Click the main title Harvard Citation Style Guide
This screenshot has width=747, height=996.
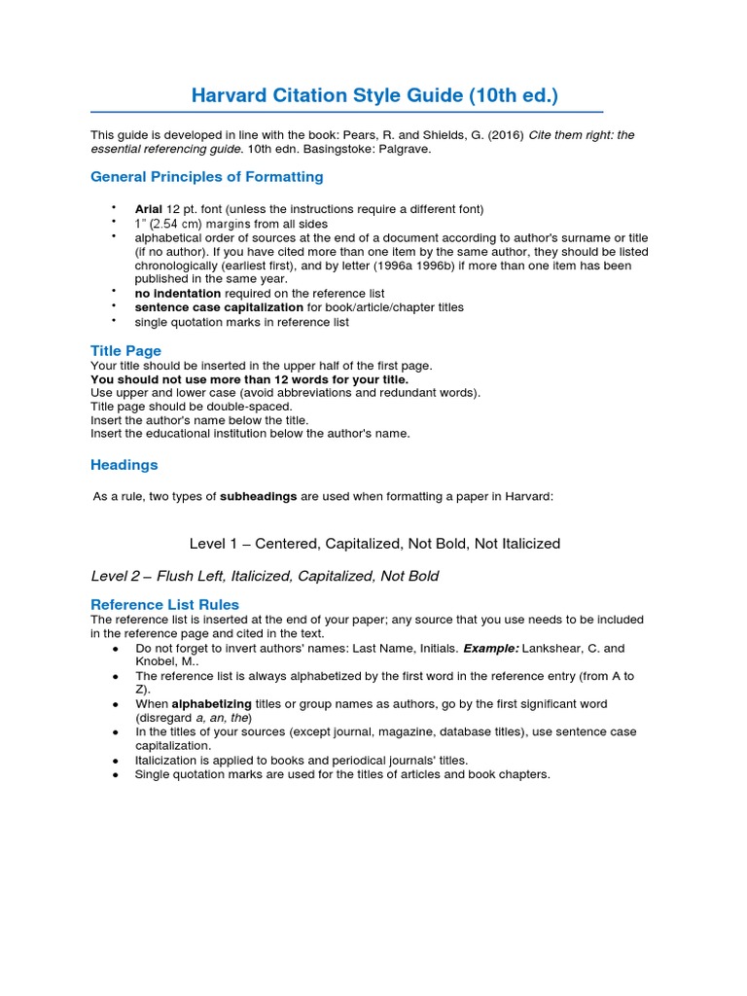pos(374,95)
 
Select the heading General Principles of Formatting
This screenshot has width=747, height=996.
pos(207,177)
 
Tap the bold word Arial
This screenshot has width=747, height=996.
pos(149,209)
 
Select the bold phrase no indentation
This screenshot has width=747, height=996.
pos(178,293)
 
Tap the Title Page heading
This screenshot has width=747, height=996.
pos(125,350)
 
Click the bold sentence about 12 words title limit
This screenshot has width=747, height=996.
pos(250,379)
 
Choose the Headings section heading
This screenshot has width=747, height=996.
pos(124,465)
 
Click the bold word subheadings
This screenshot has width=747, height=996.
pos(259,496)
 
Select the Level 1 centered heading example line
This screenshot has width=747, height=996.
pos(374,543)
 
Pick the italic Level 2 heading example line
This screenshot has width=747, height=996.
pos(265,576)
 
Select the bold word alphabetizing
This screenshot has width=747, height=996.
pos(211,703)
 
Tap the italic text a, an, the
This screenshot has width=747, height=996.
pos(219,718)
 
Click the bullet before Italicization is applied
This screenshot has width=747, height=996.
pos(116,761)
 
